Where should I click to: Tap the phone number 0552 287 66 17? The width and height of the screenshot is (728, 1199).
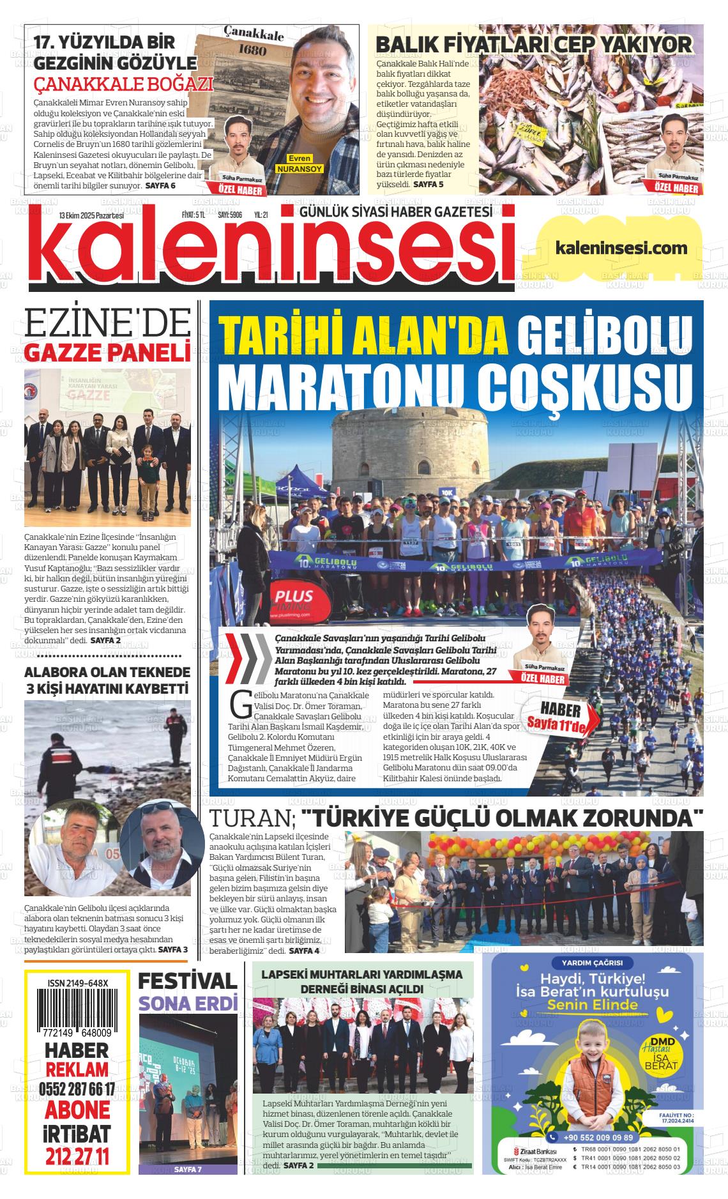coord(77,1090)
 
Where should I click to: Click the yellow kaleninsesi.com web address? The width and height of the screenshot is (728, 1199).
coord(621,248)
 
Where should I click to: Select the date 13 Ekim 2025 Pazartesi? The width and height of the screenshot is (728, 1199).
coord(91,215)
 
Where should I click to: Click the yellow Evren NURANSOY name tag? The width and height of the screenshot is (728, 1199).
coord(299,164)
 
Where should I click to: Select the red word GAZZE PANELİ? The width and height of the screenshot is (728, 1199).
coord(107,352)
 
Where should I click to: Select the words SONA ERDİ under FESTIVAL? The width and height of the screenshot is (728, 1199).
coord(188,1004)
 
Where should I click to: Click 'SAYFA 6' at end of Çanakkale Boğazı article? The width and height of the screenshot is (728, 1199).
coord(160,185)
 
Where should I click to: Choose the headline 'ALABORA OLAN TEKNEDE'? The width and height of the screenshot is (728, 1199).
coord(107,672)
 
